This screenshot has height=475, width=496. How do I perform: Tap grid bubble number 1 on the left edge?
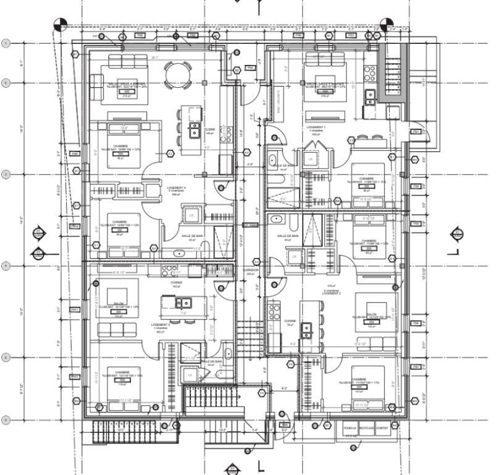pos(6,43)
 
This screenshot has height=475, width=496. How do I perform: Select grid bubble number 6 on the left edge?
pos(6,420)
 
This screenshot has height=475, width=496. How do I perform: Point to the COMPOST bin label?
pos(383,427)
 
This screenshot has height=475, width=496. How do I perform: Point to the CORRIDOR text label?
pos(250,270)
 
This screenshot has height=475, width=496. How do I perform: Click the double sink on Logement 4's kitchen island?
pos(195,129)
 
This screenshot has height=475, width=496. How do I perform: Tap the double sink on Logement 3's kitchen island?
pos(183,303)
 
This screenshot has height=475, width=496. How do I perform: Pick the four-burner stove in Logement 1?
pos(372,73)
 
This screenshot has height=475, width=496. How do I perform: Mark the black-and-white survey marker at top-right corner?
pos(387,24)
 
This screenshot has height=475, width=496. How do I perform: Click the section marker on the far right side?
pos(457,233)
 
